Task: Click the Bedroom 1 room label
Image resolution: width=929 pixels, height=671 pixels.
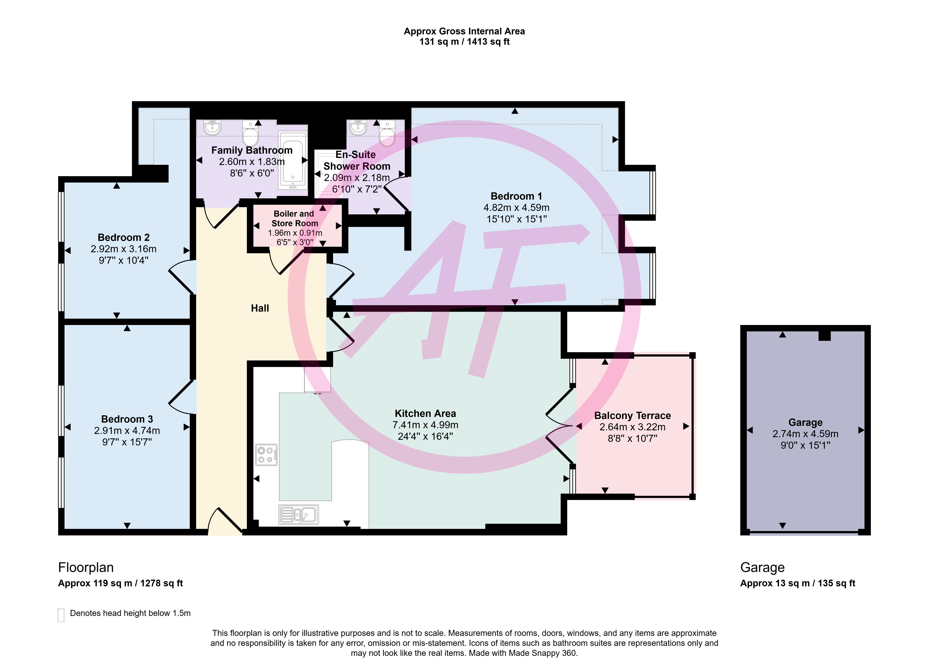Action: [x=516, y=196]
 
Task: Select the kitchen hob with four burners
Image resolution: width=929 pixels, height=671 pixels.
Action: [x=266, y=455]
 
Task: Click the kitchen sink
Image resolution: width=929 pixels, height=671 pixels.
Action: [x=299, y=514]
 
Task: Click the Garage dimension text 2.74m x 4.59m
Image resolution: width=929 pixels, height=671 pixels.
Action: [x=805, y=434]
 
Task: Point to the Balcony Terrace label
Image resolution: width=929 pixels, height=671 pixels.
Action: [x=632, y=416]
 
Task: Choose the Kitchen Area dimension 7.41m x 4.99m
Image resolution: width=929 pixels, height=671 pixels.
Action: [x=425, y=425]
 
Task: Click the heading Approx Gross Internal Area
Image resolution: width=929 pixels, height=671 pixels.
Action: [x=464, y=31]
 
